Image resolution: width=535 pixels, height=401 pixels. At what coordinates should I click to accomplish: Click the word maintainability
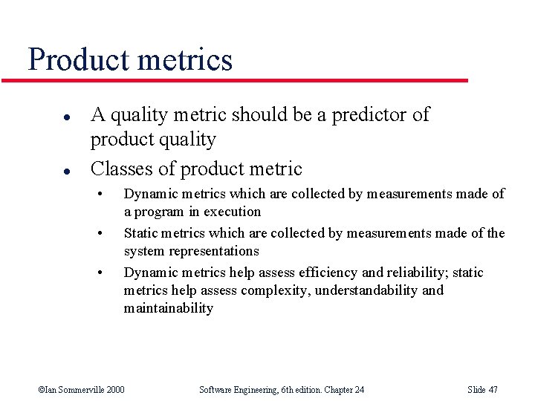tap(168, 308)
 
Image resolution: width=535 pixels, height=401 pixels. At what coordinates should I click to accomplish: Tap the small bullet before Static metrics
tap(100, 233)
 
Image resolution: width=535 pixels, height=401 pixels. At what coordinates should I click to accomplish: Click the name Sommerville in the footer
tap(77, 390)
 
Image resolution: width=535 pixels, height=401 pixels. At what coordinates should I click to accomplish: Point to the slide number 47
tap(493, 390)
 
